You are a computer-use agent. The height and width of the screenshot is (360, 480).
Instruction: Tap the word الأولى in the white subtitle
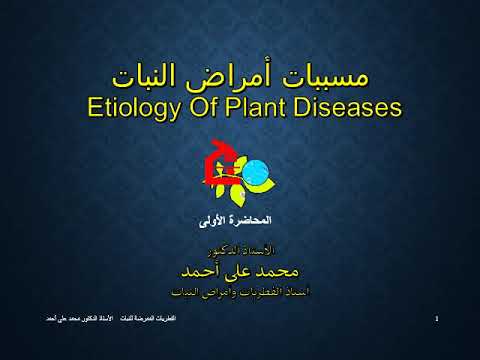coord(218,218)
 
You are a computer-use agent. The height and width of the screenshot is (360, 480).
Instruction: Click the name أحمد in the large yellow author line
coord(197,269)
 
